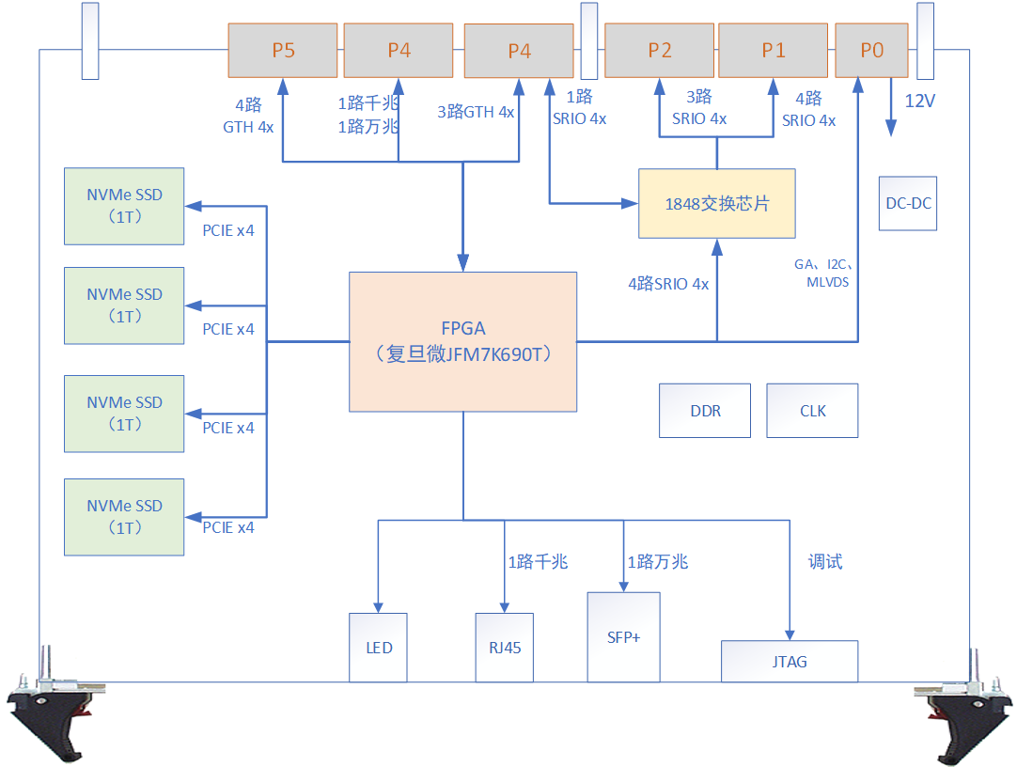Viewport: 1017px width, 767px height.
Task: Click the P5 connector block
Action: coord(283,51)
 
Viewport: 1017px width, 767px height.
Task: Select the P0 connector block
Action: coord(872,51)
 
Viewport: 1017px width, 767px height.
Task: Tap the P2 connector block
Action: coord(660,51)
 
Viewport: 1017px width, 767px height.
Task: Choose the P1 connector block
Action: coord(774,51)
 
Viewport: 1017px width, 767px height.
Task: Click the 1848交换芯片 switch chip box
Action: coord(717,204)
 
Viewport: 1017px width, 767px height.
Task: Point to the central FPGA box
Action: coord(462,341)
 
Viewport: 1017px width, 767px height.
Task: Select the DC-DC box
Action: coord(908,202)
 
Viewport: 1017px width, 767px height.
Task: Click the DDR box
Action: coord(705,411)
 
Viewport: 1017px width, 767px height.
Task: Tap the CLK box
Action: coord(812,411)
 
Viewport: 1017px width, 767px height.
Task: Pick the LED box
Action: coord(379,648)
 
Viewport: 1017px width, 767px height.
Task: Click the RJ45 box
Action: coord(505,648)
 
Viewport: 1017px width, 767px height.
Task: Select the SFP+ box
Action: coord(623,636)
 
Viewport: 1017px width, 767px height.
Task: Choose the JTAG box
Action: coord(790,662)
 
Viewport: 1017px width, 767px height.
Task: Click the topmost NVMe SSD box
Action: coord(124,206)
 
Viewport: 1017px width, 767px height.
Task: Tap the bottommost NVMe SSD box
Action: coord(124,516)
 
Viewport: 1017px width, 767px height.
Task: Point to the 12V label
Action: coord(919,101)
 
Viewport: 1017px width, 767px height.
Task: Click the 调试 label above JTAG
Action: coord(825,562)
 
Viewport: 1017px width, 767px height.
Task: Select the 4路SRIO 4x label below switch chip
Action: coord(668,284)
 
